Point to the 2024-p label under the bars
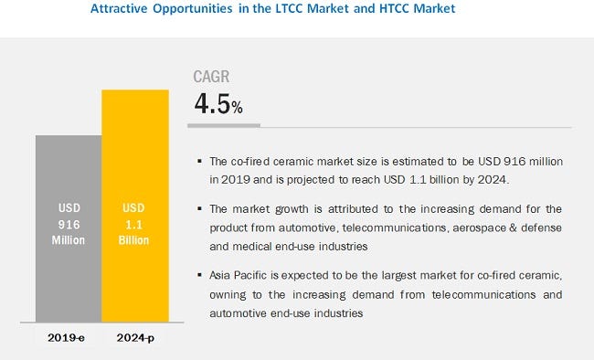tap(135, 337)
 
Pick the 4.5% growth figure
tap(217, 103)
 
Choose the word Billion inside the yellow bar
tap(135, 240)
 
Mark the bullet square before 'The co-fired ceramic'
tap(200, 162)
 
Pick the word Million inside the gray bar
tap(69, 240)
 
